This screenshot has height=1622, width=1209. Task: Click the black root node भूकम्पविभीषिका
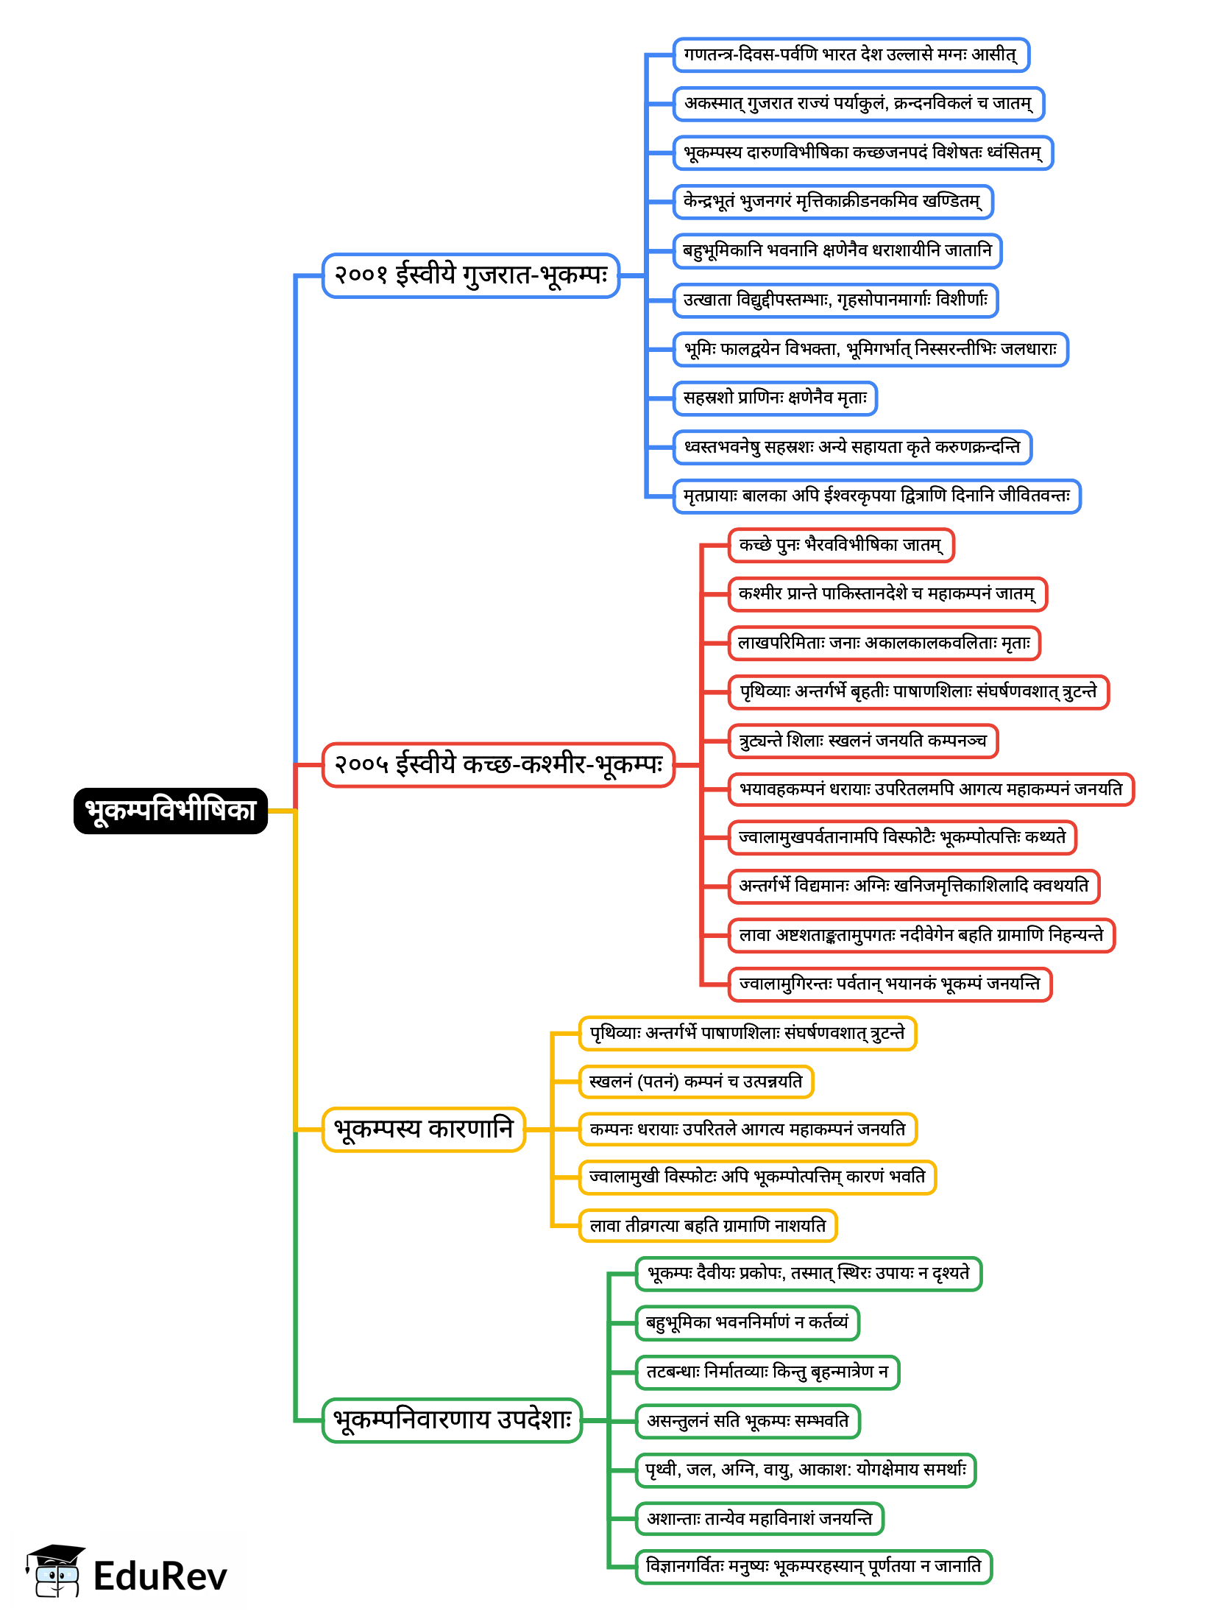click(170, 811)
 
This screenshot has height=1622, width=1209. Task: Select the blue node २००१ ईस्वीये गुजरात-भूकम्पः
click(471, 275)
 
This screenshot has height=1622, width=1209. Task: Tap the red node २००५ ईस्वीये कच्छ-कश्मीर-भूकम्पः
click(498, 765)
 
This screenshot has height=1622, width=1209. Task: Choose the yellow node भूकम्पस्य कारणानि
click(423, 1129)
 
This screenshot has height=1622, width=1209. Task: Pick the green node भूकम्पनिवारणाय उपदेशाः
click(452, 1420)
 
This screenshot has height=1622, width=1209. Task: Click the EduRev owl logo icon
click(55, 1572)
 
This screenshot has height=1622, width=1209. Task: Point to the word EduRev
click(160, 1577)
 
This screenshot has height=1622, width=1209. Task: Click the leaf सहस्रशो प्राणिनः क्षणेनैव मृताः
click(775, 398)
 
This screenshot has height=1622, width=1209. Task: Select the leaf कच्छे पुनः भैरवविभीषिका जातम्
click(840, 546)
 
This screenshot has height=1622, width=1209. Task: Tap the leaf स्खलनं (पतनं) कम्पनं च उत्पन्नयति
click(695, 1082)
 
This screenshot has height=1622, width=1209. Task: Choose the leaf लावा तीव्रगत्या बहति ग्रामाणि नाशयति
click(707, 1226)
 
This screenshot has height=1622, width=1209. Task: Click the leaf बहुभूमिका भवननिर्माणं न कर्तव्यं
click(747, 1322)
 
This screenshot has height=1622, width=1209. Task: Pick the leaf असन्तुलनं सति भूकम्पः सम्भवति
click(747, 1420)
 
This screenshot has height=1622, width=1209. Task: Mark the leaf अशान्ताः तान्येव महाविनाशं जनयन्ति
click(759, 1518)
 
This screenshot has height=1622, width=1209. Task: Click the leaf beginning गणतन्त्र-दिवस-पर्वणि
click(851, 55)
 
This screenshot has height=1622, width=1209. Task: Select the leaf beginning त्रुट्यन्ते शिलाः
click(862, 741)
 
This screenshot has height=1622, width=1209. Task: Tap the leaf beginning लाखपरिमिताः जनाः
click(884, 643)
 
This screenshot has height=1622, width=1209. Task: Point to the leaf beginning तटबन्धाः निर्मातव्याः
click(767, 1372)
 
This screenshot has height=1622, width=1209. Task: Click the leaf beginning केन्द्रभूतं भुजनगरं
click(832, 202)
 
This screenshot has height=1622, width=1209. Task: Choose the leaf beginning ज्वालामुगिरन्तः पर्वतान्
click(890, 984)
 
